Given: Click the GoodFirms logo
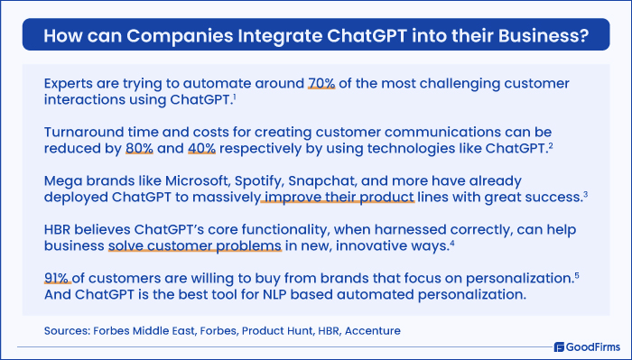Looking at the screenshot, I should coord(586,345).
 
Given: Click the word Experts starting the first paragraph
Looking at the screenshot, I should coord(72,82).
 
